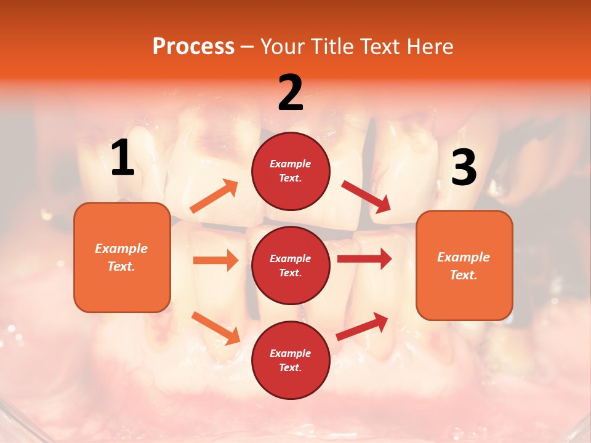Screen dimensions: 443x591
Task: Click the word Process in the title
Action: point(193,47)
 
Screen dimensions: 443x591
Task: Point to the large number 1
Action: point(123,158)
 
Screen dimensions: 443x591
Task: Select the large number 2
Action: point(291,93)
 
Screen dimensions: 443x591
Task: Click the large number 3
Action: point(464,168)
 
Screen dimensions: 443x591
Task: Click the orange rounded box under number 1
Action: point(122,257)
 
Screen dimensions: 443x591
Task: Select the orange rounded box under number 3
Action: point(464,266)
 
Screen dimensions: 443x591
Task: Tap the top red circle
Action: point(291,171)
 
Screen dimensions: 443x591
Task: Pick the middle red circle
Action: point(291,266)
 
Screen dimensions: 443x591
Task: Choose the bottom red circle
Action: point(291,361)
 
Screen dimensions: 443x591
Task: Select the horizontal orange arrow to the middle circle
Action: point(215,260)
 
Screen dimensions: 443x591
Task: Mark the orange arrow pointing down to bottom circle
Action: point(215,328)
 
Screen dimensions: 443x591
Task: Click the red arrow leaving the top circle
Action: point(366,197)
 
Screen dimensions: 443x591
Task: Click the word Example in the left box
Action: point(121,249)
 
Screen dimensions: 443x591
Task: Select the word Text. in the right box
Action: point(464,275)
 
